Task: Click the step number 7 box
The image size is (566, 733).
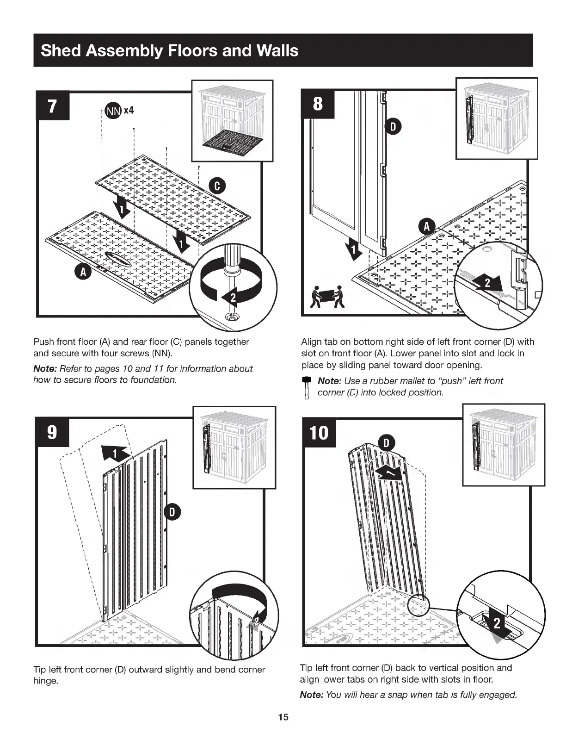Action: tap(53, 106)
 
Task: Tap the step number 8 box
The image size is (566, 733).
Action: tap(317, 104)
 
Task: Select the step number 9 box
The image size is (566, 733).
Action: tap(52, 432)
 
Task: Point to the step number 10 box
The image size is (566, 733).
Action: tap(319, 433)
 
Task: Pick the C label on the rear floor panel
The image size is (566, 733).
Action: tap(217, 186)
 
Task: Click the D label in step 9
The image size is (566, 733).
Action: tap(172, 511)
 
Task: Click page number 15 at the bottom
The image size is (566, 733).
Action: tap(283, 717)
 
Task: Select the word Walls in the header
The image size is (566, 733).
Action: tap(276, 50)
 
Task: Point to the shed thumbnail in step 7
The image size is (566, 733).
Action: tap(232, 121)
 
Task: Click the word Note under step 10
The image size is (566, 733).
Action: tap(311, 695)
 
